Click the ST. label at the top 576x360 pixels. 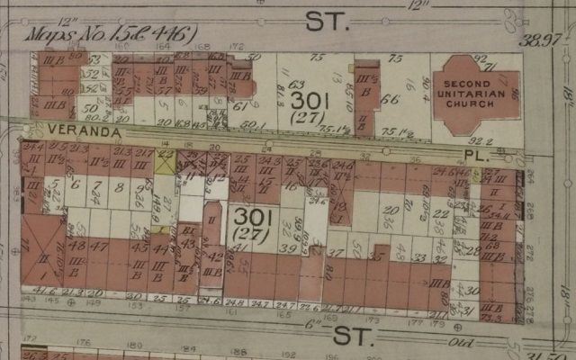(325, 22)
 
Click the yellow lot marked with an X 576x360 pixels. (164, 163)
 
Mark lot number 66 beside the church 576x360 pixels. (389, 100)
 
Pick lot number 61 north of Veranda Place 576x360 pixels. (239, 107)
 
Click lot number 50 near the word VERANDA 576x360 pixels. (88, 109)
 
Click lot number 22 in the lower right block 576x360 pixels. (439, 214)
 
